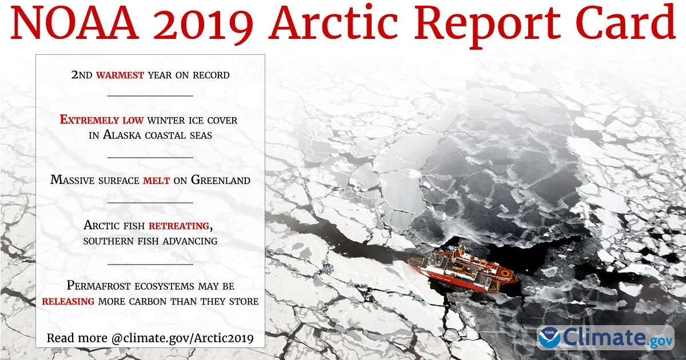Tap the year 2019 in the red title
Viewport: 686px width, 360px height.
[204, 25]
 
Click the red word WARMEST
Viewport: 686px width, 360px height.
[120, 75]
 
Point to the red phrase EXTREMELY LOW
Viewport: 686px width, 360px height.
[102, 119]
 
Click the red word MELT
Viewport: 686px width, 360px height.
[157, 181]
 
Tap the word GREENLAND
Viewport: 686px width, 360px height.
[221, 180]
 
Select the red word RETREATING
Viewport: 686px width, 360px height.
[179, 226]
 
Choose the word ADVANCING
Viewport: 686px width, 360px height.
[190, 241]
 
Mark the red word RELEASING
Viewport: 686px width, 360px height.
[68, 302]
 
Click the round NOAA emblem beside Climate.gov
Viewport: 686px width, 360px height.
[550, 338]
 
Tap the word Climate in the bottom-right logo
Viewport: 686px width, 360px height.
[603, 337]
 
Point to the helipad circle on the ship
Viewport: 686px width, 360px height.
[504, 273]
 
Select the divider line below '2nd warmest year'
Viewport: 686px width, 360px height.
[150, 96]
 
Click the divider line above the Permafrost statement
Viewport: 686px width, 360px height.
[150, 264]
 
